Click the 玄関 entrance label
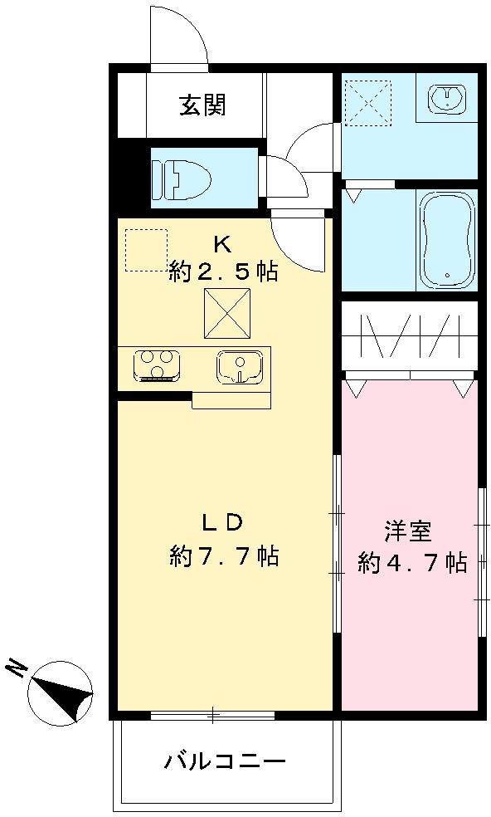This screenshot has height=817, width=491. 202,105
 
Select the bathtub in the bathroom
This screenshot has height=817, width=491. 447,240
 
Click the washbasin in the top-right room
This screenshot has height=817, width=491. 447,99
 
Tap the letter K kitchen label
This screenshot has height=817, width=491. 221,244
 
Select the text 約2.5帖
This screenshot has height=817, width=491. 222,271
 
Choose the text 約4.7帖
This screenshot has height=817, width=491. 411,563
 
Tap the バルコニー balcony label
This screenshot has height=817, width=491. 224,761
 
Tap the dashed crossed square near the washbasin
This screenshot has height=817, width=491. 367,102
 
